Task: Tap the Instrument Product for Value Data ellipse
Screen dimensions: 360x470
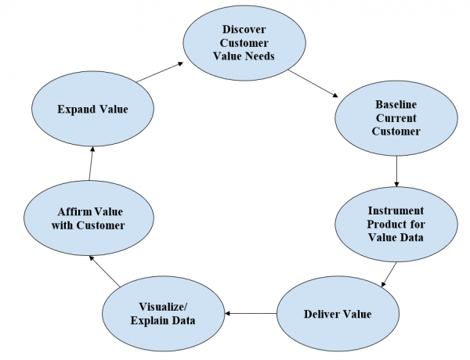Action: click(396, 224)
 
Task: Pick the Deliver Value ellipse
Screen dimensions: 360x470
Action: click(338, 314)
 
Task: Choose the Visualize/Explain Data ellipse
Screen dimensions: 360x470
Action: click(164, 314)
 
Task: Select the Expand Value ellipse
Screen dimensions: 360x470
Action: click(92, 110)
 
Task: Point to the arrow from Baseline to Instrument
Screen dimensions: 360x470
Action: click(397, 171)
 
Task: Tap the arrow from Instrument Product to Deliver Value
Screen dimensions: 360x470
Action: click(389, 273)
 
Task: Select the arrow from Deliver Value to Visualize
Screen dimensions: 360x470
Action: click(251, 314)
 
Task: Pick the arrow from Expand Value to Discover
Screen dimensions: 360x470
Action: click(161, 74)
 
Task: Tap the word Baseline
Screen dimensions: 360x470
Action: click(396, 103)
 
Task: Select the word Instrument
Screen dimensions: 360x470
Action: click(396, 210)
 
